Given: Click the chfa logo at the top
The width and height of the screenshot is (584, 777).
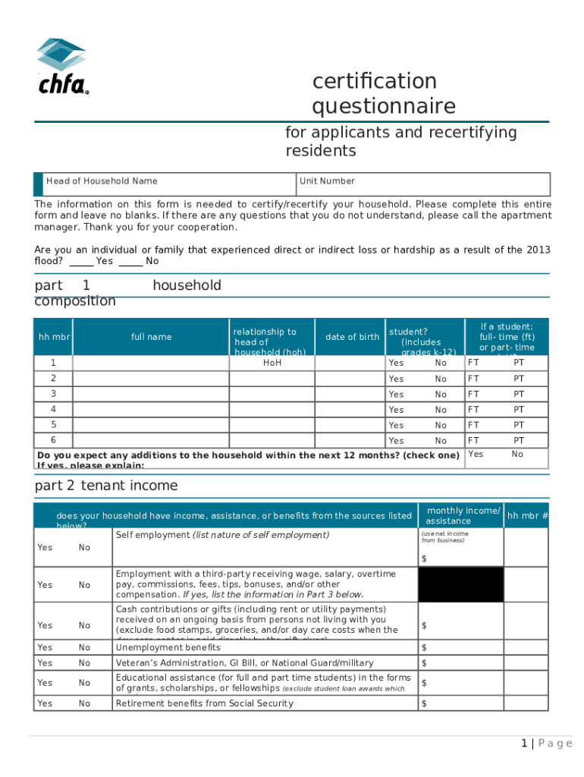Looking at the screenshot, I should [x=62, y=67].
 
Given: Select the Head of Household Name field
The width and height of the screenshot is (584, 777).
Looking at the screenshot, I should [x=167, y=184].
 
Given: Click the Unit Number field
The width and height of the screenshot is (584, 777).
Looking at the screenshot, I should [x=423, y=184].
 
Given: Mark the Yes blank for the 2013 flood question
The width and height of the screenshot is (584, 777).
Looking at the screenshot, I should [x=81, y=261].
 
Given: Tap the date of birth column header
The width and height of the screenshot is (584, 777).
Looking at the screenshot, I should [x=352, y=337].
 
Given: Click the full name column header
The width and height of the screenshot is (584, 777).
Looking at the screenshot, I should [x=151, y=337].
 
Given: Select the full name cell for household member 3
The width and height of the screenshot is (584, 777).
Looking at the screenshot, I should [x=151, y=395].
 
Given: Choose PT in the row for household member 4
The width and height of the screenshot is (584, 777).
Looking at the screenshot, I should [x=519, y=410].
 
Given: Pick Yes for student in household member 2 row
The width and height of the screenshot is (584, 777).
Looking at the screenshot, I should [x=396, y=379].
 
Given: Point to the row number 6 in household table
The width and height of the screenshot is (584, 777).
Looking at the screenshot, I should [x=53, y=440].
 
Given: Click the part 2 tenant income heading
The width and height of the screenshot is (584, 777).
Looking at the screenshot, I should [x=106, y=486].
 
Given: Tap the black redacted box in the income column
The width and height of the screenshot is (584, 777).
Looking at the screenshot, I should [x=460, y=584].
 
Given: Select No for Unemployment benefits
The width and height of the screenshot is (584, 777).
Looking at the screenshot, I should [x=84, y=647].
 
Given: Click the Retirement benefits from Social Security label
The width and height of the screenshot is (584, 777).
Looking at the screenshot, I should [x=204, y=703].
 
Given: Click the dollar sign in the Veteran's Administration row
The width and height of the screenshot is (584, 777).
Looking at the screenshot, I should [x=424, y=664].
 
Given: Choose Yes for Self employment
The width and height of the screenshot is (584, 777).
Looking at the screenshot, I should [x=45, y=547].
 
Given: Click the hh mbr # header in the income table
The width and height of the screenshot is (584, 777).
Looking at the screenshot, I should [x=527, y=516].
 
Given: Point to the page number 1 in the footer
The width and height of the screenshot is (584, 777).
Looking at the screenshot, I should [x=524, y=744].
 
